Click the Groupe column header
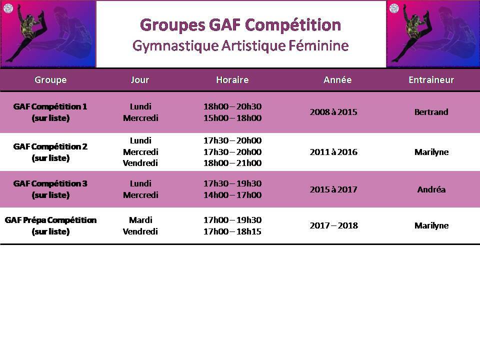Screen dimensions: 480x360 [50, 80]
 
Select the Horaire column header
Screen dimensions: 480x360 [232, 80]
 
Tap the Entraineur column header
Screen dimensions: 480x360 [431, 80]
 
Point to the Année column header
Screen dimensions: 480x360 [337, 80]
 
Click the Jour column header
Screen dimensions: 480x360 [140, 80]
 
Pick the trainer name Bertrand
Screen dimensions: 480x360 [431, 112]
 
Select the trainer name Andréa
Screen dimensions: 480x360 [431, 189]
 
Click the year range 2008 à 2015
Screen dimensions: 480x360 [333, 112]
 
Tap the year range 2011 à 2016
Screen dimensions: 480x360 [333, 152]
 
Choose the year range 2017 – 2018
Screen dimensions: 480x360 [333, 225]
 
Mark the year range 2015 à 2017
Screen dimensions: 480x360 [333, 189]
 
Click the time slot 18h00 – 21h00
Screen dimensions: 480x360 [232, 163]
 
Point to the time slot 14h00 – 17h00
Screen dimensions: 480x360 [232, 195]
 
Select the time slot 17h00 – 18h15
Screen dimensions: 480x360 [232, 231]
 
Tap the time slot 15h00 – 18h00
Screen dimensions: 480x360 [232, 118]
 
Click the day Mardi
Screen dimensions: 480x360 [140, 220]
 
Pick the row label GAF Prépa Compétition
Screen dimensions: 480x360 [50, 220]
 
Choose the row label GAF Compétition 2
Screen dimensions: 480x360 [50, 146]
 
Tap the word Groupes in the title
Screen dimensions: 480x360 [172, 25]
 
